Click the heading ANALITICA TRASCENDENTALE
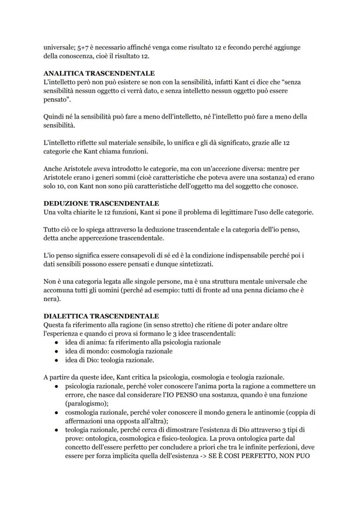pyautogui.click(x=99, y=73)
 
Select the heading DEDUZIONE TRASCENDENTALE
pyautogui.click(x=101, y=203)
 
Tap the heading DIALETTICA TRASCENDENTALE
pyautogui.click(x=101, y=316)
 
